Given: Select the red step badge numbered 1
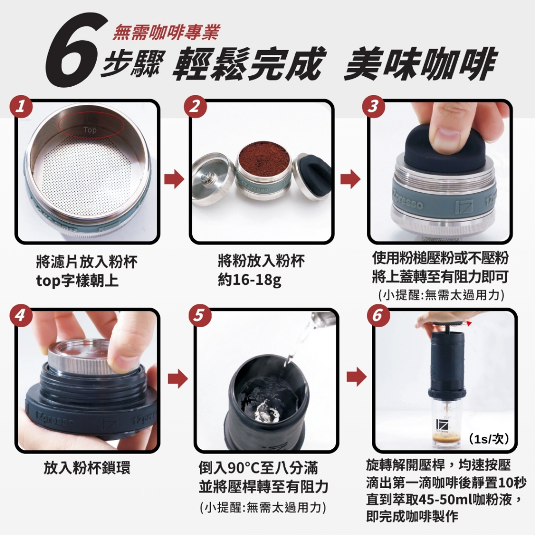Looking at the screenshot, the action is click(21, 107).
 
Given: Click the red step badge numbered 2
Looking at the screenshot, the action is click(195, 107).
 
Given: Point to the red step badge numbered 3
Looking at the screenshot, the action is click(374, 107).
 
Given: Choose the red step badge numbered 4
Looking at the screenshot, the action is click(21, 315).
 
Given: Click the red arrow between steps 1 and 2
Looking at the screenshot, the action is click(174, 179).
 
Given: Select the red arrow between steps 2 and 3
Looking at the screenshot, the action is click(351, 179).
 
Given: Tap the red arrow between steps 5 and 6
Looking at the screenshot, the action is click(356, 377).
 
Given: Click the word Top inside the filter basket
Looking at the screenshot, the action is click(90, 130).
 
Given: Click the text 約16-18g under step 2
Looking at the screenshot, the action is click(250, 281).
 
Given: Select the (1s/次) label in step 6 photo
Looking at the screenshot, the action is click(489, 439).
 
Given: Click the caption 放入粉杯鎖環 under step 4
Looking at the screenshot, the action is click(87, 468).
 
